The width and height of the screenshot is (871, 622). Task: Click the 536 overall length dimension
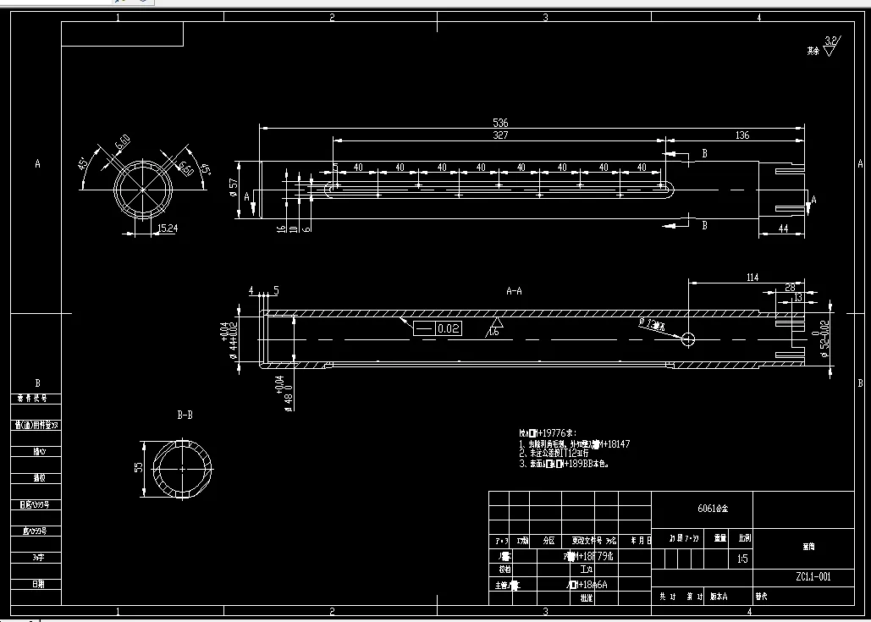500,124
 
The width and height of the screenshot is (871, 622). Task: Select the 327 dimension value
500,135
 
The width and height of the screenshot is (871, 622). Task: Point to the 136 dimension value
741,135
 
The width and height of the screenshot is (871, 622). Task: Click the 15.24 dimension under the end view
168,228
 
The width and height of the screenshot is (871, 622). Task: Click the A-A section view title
514,291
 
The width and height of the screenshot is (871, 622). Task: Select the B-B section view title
185,416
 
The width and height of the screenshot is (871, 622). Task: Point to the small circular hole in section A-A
687,339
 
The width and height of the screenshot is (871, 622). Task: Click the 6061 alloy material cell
712,509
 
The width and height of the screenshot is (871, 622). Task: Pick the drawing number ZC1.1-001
813,578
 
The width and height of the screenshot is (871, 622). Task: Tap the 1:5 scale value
742,559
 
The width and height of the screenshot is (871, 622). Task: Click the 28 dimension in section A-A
790,289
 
